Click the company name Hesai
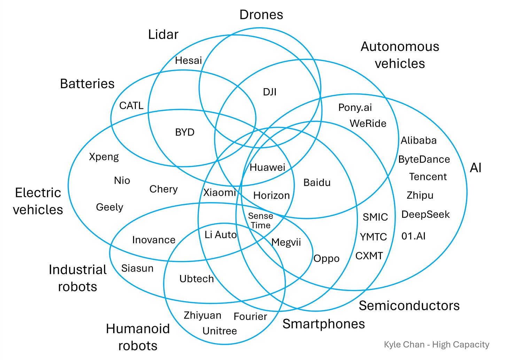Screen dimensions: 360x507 [x=188, y=61]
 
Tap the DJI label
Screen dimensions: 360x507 [x=270, y=92]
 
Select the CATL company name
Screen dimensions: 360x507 [x=131, y=106]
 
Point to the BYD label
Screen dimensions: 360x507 [x=185, y=132]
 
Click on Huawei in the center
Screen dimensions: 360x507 [x=267, y=168]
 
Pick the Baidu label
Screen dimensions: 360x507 [x=317, y=183]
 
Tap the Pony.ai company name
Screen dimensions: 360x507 [x=355, y=107]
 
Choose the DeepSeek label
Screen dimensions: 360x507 [x=426, y=214]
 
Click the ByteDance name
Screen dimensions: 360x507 [x=424, y=160]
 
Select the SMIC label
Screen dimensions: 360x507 [x=375, y=217]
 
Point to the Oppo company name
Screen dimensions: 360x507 [x=326, y=259]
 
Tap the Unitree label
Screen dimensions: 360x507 [x=220, y=331]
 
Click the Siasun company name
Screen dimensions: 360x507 [x=137, y=268]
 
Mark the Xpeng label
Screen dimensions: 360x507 [x=104, y=157]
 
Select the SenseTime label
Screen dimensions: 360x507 [x=260, y=221]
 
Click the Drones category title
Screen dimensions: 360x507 [x=261, y=15]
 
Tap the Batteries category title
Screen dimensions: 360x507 [x=87, y=84]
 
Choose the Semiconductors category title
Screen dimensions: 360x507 [x=409, y=306]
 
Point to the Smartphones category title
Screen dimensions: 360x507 [x=323, y=324]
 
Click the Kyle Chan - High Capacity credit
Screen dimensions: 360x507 [x=436, y=345]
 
